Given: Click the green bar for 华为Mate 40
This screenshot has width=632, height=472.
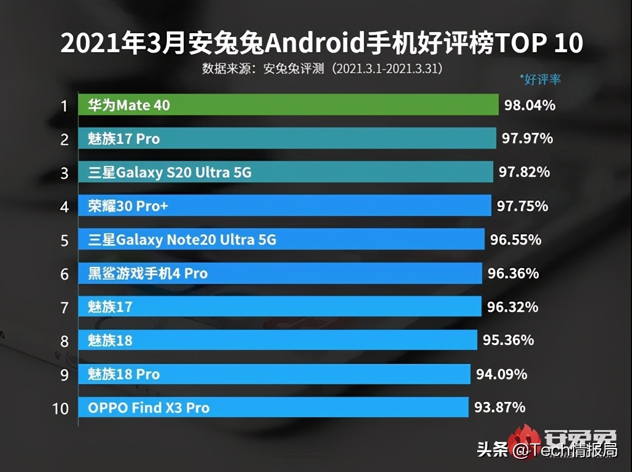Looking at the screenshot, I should (x=288, y=105).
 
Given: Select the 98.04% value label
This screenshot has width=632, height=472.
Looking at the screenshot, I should (x=529, y=105).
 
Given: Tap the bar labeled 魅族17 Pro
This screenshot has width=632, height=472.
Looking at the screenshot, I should (x=287, y=139).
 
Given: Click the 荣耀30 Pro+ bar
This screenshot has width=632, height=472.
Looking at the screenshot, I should (x=284, y=206).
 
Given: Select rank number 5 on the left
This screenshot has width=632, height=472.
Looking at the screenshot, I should (x=64, y=241).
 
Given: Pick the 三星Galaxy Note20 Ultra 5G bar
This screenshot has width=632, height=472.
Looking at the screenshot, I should (x=281, y=240).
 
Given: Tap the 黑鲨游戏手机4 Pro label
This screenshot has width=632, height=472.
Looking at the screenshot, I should (x=147, y=273).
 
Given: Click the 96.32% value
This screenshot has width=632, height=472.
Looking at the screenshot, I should (x=512, y=307).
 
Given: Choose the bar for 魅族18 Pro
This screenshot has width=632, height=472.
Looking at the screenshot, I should (x=274, y=374).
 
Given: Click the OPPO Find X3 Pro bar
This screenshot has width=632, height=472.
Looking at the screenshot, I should (x=273, y=407).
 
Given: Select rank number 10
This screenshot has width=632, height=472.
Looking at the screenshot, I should (x=61, y=408).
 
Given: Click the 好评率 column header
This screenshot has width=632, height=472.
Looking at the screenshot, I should (x=542, y=80).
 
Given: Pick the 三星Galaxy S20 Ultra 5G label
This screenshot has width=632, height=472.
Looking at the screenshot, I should (x=169, y=172).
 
